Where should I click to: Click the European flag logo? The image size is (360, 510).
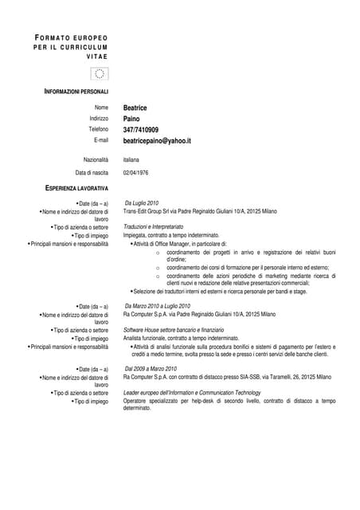click(x=100, y=73)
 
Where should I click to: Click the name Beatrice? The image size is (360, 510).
click(x=135, y=108)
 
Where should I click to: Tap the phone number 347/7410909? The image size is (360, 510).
click(x=140, y=129)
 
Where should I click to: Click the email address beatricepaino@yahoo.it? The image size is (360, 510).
click(x=157, y=140)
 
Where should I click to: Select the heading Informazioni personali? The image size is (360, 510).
click(x=76, y=92)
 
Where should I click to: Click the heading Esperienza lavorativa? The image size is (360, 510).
click(x=76, y=188)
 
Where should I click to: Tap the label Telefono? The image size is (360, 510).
click(x=98, y=129)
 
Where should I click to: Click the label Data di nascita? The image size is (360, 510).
click(x=92, y=172)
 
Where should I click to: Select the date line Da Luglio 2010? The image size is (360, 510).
click(x=143, y=203)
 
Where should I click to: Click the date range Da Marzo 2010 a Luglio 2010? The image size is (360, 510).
click(x=158, y=306)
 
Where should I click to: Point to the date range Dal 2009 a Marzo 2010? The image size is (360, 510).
click(x=151, y=369)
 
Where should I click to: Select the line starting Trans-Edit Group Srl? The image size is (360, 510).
click(x=199, y=211)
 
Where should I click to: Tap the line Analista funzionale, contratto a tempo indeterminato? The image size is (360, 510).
click(x=182, y=338)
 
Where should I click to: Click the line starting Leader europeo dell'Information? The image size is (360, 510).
click(x=191, y=393)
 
